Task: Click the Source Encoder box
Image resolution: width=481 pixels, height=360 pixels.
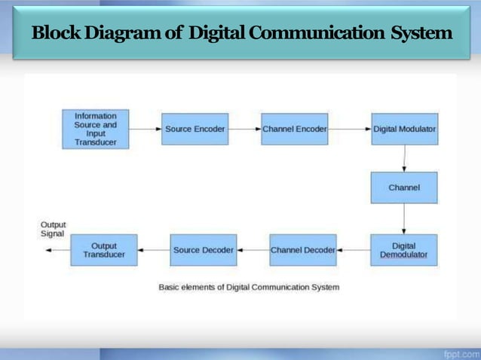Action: (x=195, y=129)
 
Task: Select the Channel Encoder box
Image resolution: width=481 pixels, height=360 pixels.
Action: (x=294, y=129)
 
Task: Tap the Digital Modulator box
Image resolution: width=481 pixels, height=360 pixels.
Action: (x=404, y=129)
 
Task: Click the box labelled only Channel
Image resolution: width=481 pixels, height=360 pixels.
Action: (x=404, y=188)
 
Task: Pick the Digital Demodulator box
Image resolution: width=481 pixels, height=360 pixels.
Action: (x=404, y=250)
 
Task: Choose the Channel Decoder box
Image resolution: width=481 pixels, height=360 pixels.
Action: (x=302, y=250)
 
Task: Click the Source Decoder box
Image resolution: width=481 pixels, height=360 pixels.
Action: (x=203, y=250)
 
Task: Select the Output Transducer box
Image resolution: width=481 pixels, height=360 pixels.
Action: (x=104, y=250)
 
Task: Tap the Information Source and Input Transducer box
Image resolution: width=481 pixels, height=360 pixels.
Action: (x=95, y=129)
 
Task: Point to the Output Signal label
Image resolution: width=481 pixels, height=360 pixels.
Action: (x=53, y=229)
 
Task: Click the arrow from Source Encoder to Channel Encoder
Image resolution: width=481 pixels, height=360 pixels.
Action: (x=244, y=129)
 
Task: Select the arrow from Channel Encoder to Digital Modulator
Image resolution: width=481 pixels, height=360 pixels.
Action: (x=349, y=129)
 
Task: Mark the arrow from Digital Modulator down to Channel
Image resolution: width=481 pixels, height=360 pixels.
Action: (x=404, y=158)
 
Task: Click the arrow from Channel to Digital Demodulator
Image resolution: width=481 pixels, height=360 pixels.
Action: (x=404, y=218)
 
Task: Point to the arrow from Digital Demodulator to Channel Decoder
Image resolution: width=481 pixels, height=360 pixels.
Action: (x=353, y=250)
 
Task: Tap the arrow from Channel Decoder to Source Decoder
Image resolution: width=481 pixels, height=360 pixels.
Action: (x=253, y=250)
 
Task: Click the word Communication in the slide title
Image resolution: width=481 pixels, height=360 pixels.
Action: (x=319, y=34)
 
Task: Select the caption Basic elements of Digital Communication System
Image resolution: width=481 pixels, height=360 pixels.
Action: (x=248, y=287)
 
